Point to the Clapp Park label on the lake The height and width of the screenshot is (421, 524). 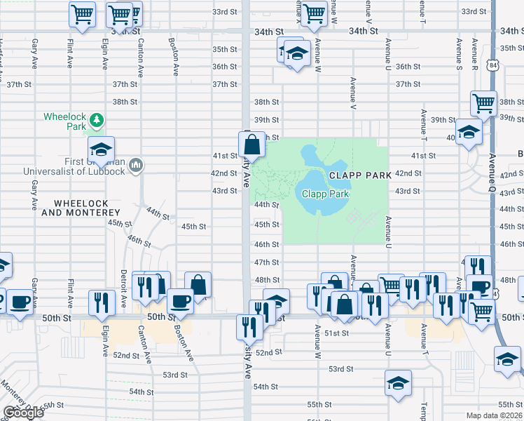tap(325, 194)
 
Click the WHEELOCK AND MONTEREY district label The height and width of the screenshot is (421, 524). tap(81, 207)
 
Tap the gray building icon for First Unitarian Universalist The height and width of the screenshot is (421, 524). tap(136, 165)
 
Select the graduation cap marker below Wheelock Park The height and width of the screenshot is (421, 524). tap(102, 149)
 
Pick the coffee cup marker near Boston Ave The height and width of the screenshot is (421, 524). tap(181, 301)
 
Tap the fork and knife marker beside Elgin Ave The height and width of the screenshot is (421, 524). tap(102, 302)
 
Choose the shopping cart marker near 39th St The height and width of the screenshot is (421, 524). tap(483, 104)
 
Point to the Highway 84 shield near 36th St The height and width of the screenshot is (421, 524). tap(495, 65)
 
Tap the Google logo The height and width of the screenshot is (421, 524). tap(23, 413)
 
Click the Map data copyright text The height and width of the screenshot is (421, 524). tap(494, 415)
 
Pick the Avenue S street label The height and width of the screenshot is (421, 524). tap(459, 53)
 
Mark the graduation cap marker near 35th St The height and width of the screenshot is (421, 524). tap(297, 55)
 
